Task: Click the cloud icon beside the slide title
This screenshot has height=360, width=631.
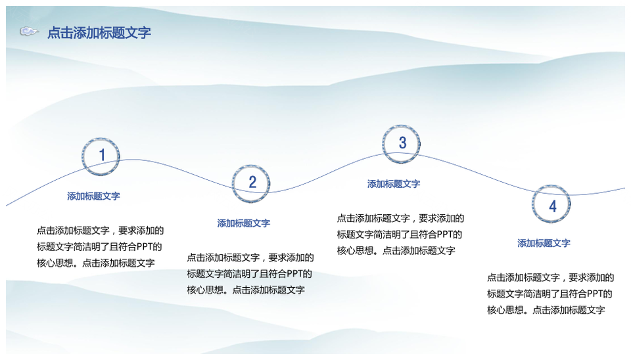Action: point(29,32)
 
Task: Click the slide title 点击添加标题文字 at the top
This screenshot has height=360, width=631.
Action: point(99,33)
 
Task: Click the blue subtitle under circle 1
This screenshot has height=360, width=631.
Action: point(93,196)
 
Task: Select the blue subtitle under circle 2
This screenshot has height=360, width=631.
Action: point(243,223)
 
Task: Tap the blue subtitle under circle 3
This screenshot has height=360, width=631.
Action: point(394,184)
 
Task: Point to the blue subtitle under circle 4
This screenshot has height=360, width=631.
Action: point(544,243)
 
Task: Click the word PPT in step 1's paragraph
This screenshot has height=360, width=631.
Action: point(145,246)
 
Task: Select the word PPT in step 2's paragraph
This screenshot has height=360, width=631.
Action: point(295,274)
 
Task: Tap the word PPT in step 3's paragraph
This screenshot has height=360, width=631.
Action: point(445,235)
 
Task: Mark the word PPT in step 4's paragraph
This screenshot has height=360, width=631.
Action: point(596,294)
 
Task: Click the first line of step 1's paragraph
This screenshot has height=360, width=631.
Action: point(100,231)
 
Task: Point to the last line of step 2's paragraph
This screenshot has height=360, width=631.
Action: point(245,290)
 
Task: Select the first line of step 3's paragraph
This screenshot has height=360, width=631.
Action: point(400,218)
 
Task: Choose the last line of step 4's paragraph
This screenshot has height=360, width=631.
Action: point(546,310)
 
